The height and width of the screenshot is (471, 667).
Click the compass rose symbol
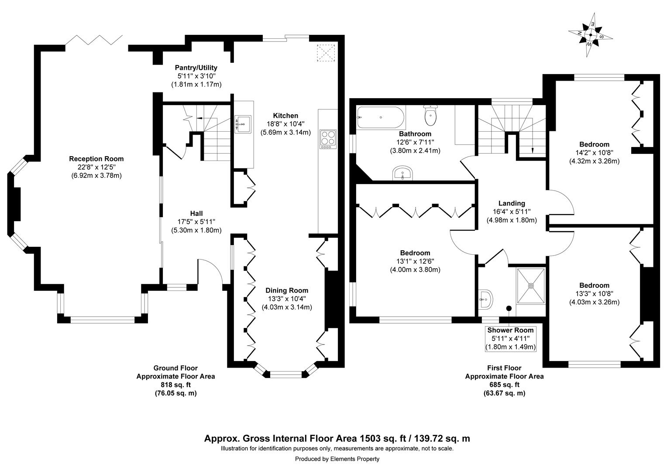pos(590,35)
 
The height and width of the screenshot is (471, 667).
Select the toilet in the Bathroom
pos(430,116)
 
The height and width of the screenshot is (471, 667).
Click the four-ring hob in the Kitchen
pos(328,138)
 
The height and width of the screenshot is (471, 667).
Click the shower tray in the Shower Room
pos(531,285)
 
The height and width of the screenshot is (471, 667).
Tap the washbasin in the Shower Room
pos(485,300)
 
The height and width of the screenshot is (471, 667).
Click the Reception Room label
pos(96,159)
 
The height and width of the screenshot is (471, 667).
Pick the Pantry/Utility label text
pos(196,68)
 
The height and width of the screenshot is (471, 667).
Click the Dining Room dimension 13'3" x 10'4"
pos(287,299)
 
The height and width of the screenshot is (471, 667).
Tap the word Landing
pos(512,203)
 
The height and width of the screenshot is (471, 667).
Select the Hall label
pos(196,213)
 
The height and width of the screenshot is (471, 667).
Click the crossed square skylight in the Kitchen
pos(325,53)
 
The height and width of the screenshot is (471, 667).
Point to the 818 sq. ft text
pos(175,385)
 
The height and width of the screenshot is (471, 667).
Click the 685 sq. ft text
pos(504,385)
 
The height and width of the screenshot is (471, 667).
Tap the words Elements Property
pos(354,459)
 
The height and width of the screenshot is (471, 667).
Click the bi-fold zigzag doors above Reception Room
pos(94,40)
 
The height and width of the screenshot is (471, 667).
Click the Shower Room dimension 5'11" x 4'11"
pos(510,338)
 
